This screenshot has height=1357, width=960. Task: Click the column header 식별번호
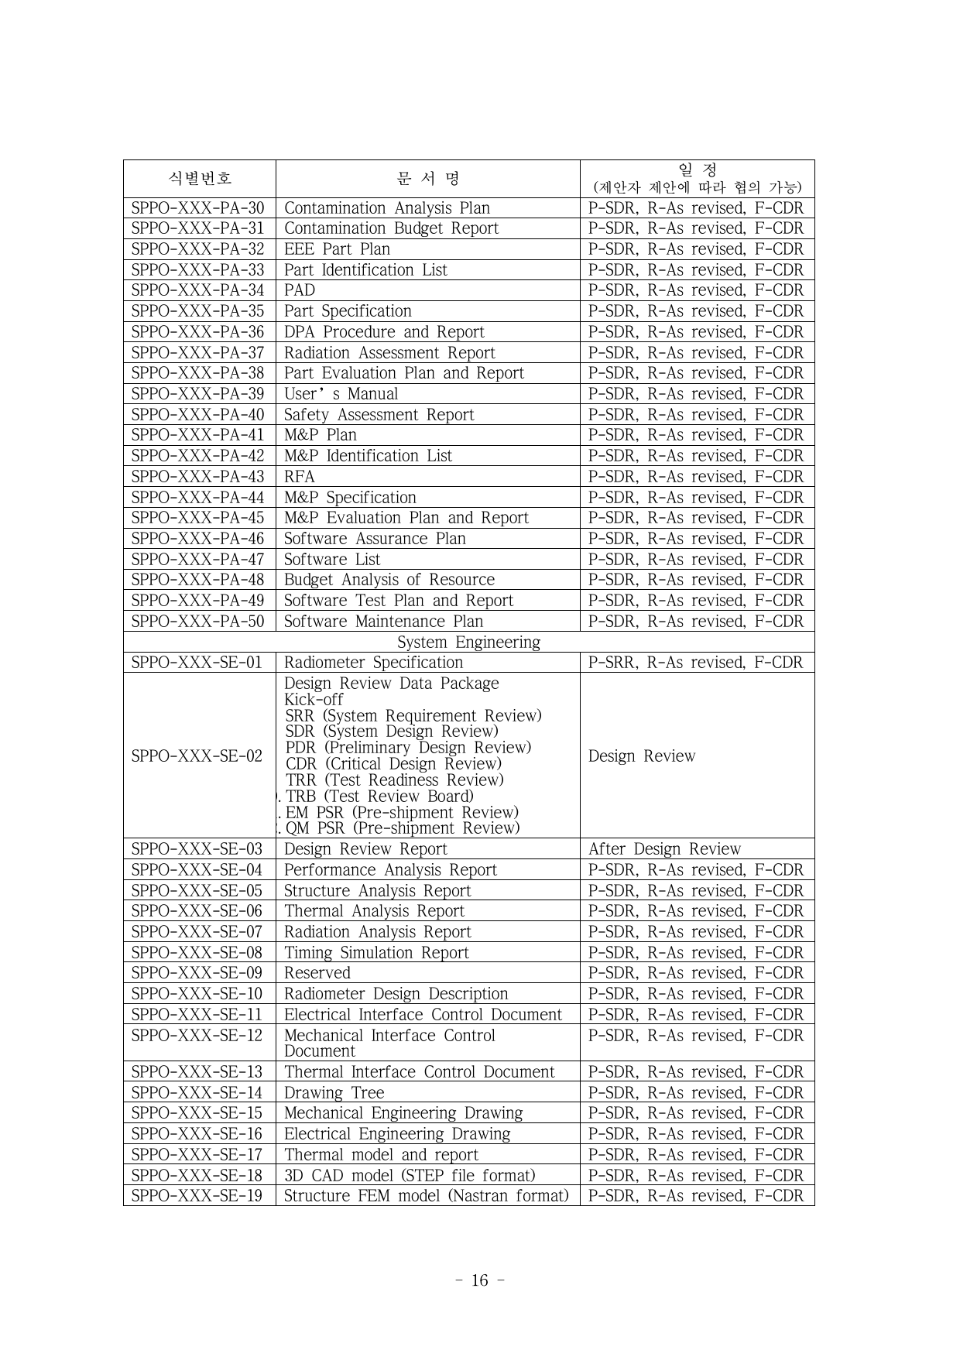[x=200, y=179]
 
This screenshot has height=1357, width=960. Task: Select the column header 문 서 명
[x=427, y=179]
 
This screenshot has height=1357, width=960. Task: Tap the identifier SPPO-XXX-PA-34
[x=198, y=290]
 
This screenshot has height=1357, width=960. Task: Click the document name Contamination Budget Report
[x=391, y=228]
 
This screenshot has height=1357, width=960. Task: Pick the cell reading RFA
[x=300, y=477]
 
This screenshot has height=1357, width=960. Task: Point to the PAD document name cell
[x=300, y=290]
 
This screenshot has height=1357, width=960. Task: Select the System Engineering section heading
[x=468, y=643]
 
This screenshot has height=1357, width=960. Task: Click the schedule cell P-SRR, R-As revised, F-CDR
[x=696, y=663]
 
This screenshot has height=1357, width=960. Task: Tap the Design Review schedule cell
[x=642, y=756]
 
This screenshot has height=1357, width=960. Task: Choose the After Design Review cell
[x=664, y=849]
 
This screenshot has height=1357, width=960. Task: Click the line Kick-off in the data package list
[x=314, y=700]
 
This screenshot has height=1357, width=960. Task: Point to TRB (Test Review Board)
[x=379, y=797]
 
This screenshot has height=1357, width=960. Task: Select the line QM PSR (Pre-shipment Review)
[x=403, y=828]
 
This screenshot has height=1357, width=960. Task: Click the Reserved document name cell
[x=317, y=973]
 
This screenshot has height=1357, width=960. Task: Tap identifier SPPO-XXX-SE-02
[x=197, y=756]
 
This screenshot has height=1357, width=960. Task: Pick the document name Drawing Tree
[x=334, y=1093]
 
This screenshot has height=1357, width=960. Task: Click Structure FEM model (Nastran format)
[x=426, y=1196]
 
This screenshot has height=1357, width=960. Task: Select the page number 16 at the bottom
[x=480, y=1280]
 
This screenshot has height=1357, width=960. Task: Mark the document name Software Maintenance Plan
[x=383, y=622]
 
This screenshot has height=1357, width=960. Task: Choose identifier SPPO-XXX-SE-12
[x=197, y=1036]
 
